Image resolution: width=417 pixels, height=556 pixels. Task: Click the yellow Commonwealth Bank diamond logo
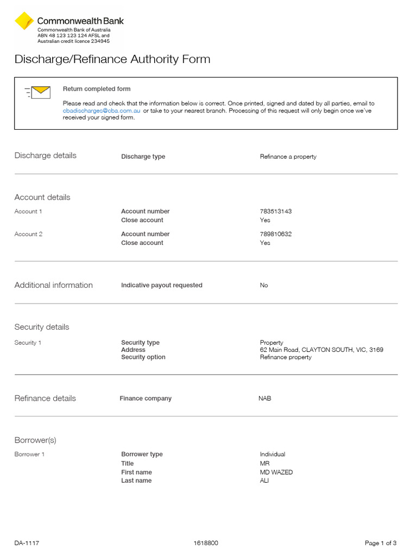pyautogui.click(x=24, y=21)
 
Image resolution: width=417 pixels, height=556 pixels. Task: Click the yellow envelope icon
pyautogui.click(x=41, y=92)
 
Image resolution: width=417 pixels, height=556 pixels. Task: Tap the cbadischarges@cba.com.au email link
pyautogui.click(x=102, y=111)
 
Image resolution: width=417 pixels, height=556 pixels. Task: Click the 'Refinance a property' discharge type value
pyautogui.click(x=288, y=157)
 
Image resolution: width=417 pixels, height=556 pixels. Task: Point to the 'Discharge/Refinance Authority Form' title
pyautogui.click(x=112, y=59)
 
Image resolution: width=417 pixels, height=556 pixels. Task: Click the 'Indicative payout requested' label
pyautogui.click(x=162, y=285)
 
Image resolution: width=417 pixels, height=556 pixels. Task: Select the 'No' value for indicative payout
pyautogui.click(x=264, y=285)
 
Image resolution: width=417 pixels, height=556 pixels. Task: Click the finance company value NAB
pyautogui.click(x=265, y=399)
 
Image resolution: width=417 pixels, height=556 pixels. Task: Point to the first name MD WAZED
pyautogui.click(x=276, y=472)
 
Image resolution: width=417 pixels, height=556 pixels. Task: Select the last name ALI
pyautogui.click(x=264, y=481)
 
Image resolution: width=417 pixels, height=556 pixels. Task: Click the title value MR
pyautogui.click(x=265, y=464)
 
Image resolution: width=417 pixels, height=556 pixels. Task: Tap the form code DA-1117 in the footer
pyautogui.click(x=27, y=543)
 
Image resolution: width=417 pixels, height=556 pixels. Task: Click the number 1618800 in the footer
pyautogui.click(x=206, y=543)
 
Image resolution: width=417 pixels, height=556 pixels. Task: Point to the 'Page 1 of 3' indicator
pyautogui.click(x=381, y=543)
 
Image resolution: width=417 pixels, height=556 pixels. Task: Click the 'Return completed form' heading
pyautogui.click(x=97, y=89)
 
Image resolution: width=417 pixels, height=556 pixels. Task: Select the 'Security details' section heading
pyautogui.click(x=42, y=327)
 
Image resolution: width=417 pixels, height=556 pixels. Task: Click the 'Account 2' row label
pyautogui.click(x=28, y=234)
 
